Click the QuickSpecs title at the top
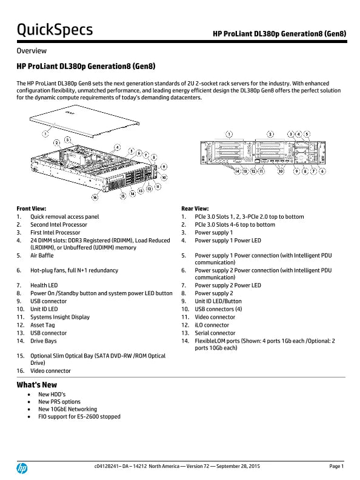55,30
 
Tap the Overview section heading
32,51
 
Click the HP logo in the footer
22,468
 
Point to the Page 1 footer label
336,466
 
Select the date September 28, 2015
238,466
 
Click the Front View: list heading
32,208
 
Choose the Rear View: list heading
195,208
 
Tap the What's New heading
37,385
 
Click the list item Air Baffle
42,255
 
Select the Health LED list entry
44,285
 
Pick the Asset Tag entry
42,325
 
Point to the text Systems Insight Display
60,317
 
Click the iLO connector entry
212,325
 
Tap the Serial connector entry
215,333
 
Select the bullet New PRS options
59,402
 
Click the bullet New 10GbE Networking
68,409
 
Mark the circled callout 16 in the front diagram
95,198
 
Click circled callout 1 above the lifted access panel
45,133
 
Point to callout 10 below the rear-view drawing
281,171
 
